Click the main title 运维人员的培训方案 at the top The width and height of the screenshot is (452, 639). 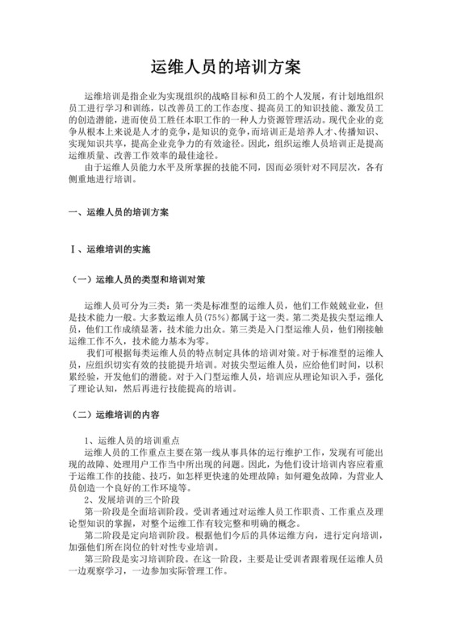(x=226, y=65)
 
